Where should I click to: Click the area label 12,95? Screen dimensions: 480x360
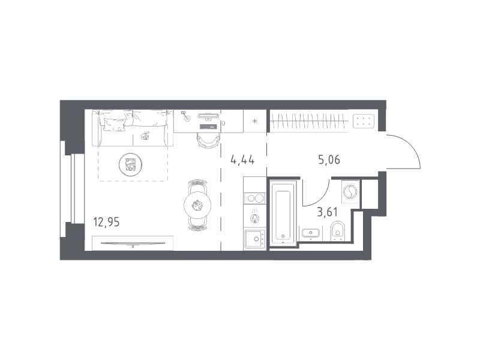coord(106,222)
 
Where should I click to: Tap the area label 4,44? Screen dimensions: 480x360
coord(242,160)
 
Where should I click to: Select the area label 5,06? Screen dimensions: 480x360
coord(329,160)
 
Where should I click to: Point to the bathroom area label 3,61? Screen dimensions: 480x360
coord(327,212)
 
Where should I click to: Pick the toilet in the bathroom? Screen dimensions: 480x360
coord(338,230)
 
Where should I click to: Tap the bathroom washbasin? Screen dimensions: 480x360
coord(311,233)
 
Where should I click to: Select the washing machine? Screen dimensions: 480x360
coord(350,191)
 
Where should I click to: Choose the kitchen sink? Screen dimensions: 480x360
coord(254,238)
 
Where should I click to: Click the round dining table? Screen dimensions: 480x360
coord(197,205)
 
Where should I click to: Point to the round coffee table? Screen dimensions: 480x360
coord(130,164)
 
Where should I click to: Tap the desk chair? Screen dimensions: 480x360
coord(208,140)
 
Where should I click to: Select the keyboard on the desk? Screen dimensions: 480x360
coord(208,127)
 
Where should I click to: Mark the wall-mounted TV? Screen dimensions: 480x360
coord(133,244)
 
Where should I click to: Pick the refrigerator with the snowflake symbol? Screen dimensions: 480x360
coord(254,121)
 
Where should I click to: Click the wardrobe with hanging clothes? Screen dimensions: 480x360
coord(309,121)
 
